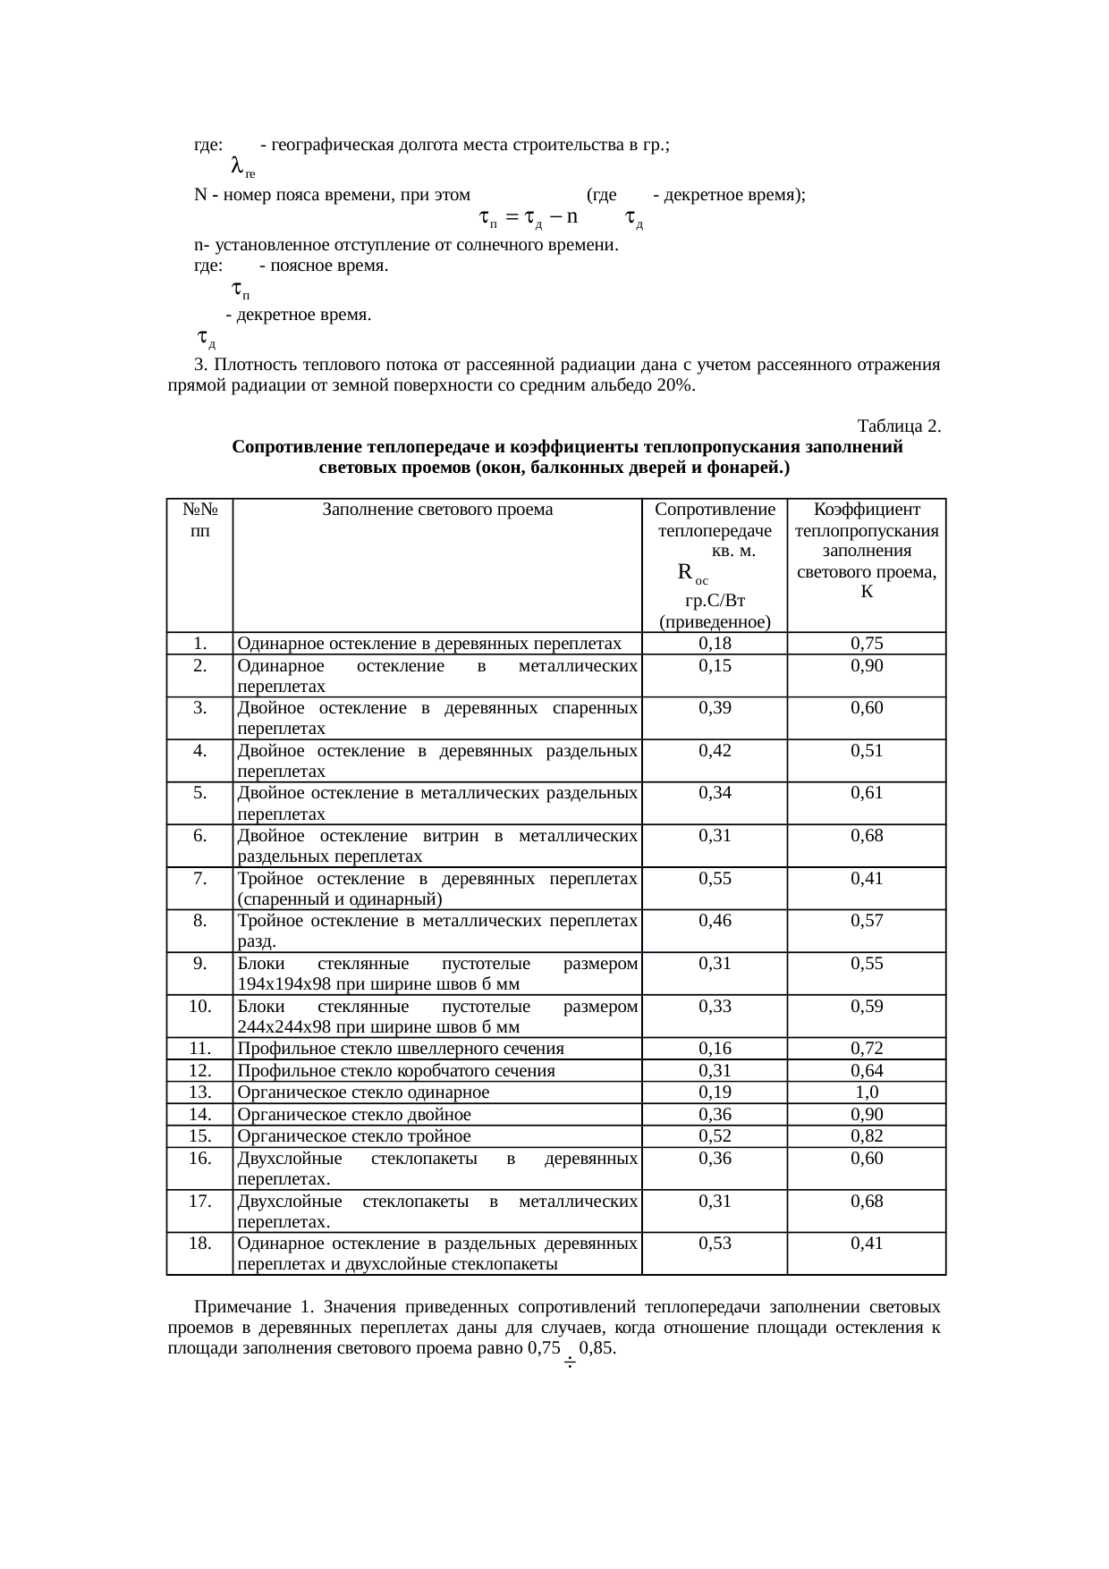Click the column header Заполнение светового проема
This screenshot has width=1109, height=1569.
tap(437, 510)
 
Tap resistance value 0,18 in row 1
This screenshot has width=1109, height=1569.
tap(715, 644)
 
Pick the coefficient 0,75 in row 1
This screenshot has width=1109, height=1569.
tap(867, 644)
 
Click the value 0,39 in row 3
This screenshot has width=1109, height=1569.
tap(715, 708)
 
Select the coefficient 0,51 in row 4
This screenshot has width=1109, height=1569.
tap(867, 751)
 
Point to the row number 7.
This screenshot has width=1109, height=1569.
tap(200, 879)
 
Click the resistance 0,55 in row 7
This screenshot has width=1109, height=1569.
tap(715, 879)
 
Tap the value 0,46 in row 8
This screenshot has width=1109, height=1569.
tap(715, 921)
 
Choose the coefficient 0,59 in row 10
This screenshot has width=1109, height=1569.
tap(867, 1007)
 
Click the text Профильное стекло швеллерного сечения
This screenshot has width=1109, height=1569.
tap(401, 1049)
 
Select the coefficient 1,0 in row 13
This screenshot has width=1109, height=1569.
tap(867, 1092)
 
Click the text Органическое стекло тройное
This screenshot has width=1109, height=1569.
tap(354, 1136)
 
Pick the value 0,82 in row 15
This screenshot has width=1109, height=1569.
tap(867, 1136)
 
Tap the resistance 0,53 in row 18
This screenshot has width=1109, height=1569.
tap(715, 1244)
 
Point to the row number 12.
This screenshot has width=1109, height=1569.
tap(200, 1071)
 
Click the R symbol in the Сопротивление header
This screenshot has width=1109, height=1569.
tap(685, 572)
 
